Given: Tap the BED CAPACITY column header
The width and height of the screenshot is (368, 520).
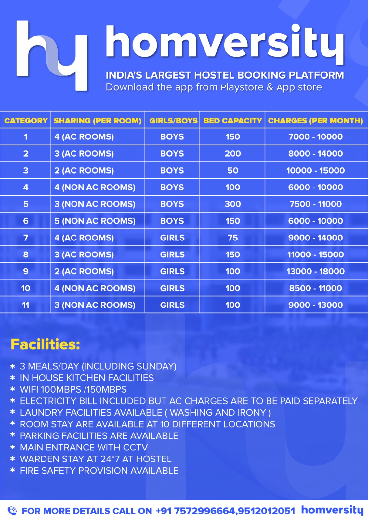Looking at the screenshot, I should click(x=232, y=121).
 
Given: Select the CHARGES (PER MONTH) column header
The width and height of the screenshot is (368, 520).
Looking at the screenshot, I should click(x=315, y=121).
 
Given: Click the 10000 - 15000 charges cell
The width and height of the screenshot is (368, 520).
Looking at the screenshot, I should click(x=315, y=170).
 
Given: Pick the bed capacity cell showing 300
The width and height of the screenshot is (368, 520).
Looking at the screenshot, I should click(x=233, y=204).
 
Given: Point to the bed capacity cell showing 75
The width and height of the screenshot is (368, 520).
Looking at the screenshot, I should click(x=233, y=238).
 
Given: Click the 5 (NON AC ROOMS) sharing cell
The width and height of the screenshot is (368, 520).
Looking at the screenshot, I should click(x=95, y=221).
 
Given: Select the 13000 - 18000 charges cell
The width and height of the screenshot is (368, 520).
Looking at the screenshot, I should click(x=315, y=271).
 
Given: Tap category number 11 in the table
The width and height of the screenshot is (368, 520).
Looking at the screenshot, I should click(x=26, y=305).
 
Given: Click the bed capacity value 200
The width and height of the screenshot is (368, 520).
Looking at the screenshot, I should click(x=233, y=154).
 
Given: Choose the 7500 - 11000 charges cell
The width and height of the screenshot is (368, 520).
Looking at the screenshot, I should click(x=315, y=204).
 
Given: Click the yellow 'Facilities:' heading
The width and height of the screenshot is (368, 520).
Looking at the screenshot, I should click(x=45, y=344).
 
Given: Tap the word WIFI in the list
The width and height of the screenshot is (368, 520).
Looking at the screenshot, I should click(x=29, y=389).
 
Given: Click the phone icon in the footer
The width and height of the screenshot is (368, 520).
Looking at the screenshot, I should click(x=12, y=511).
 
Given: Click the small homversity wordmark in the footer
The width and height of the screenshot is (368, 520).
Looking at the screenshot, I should click(x=332, y=510).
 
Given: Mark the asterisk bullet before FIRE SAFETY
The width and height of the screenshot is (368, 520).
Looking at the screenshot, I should click(x=13, y=470).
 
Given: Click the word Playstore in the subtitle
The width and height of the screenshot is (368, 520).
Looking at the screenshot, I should click(x=242, y=87).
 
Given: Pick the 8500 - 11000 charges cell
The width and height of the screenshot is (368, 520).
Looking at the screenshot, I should click(x=315, y=288).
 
